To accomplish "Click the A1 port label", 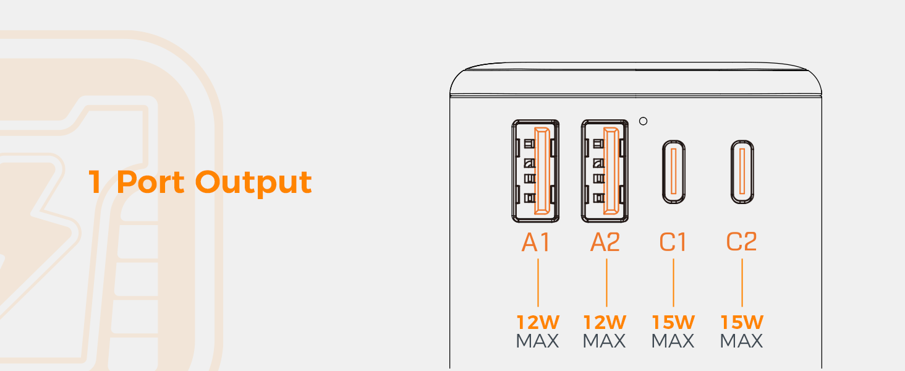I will click(x=536, y=242).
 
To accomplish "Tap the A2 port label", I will click(x=605, y=242).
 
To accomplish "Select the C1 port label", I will click(x=673, y=242).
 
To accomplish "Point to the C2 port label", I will click(x=742, y=242).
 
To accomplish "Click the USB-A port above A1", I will click(x=536, y=171).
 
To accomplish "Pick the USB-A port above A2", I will click(x=605, y=171).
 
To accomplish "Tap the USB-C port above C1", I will click(x=674, y=172).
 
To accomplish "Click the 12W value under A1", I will click(x=537, y=322).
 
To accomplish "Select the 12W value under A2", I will click(x=605, y=322).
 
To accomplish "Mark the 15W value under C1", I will click(x=673, y=322).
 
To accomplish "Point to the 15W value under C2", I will click(x=742, y=322).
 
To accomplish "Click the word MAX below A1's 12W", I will click(x=537, y=341).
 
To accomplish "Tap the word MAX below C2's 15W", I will click(x=742, y=341).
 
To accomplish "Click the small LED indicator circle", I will click(x=644, y=121).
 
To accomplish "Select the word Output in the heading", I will click(x=253, y=182).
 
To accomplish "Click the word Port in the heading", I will click(x=150, y=182).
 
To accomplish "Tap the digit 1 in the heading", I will click(x=95, y=182).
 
